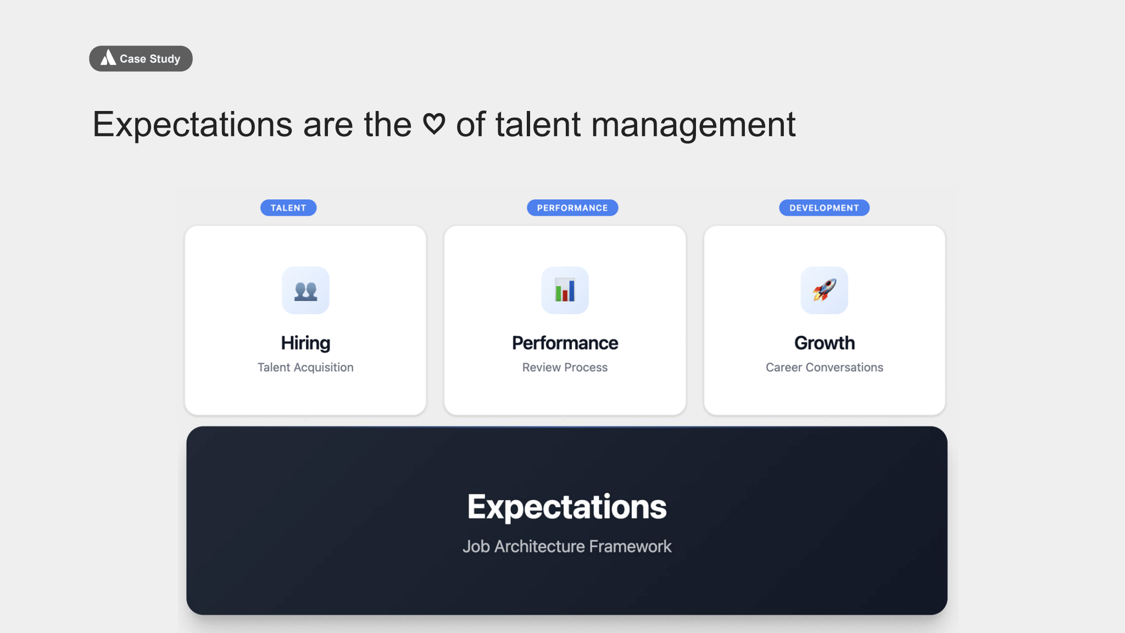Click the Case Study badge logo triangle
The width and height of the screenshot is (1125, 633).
(108, 58)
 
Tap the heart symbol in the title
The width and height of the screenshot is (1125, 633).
(434, 124)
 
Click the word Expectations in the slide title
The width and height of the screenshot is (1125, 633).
(192, 125)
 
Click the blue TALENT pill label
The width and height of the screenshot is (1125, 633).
(288, 208)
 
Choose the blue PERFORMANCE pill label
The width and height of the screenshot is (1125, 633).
(572, 208)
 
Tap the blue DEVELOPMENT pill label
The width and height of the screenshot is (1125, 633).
(824, 208)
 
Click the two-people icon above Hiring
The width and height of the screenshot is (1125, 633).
(305, 291)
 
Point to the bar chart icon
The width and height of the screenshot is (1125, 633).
(565, 291)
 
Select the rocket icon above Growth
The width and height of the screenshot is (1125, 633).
(824, 290)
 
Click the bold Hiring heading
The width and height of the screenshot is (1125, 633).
(305, 343)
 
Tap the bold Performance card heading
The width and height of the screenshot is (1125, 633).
(565, 343)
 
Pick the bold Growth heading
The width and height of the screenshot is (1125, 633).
(824, 343)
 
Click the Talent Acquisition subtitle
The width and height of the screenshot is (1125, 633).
(305, 368)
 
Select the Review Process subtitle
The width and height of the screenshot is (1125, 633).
(565, 368)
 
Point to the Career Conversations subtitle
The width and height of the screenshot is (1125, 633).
(824, 368)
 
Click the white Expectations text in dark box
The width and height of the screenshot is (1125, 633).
(566, 507)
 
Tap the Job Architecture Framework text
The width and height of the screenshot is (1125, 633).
(566, 546)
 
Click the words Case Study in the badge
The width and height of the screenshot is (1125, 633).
(150, 59)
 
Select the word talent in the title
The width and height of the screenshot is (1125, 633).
(538, 125)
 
